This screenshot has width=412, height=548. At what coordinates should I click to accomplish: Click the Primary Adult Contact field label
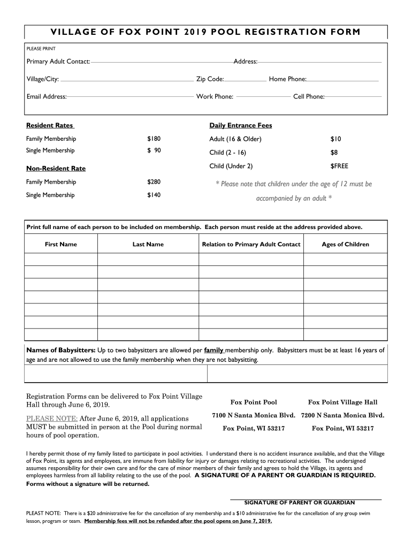58,62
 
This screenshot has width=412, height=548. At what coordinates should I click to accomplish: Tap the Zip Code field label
210,79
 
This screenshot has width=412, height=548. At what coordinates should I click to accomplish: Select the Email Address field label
47,97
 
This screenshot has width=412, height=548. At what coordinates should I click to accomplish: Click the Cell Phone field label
309,97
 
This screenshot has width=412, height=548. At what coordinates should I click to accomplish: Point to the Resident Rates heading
50,126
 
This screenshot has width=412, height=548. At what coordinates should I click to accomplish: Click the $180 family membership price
154,139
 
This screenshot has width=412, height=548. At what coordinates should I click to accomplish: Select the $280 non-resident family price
154,182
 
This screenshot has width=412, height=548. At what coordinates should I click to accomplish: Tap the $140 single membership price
154,195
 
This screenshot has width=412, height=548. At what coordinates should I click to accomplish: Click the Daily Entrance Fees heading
240,126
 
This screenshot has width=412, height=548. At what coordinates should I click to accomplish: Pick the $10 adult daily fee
335,139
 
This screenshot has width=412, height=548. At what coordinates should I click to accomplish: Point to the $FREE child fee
339,166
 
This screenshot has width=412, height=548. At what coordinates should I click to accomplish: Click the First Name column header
60,245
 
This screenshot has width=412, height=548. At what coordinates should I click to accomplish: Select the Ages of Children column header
345,245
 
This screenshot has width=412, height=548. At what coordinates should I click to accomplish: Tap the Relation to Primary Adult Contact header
251,245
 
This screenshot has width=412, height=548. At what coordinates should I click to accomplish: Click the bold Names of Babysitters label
61,351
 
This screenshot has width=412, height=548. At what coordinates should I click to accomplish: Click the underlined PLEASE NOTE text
52,418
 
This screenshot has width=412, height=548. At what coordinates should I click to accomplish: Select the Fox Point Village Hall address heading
342,402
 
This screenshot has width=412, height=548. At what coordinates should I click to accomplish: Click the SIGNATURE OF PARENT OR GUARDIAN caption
299,503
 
